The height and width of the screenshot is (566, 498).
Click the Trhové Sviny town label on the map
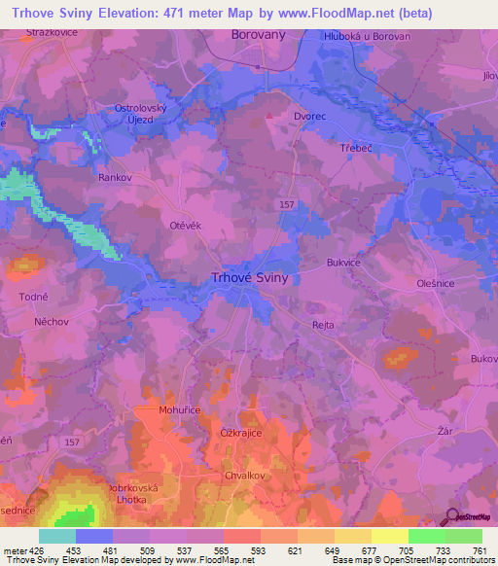click(249, 277)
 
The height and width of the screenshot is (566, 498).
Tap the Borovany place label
click(258, 35)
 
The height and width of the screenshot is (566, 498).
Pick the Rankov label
click(114, 178)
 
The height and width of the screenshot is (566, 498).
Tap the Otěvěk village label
click(185, 225)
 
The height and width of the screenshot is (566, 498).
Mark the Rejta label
click(323, 327)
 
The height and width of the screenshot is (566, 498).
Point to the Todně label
click(33, 296)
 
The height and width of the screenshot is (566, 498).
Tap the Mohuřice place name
click(179, 411)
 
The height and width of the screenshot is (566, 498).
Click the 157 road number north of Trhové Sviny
click(286, 204)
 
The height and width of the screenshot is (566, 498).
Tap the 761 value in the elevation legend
click(480, 551)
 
